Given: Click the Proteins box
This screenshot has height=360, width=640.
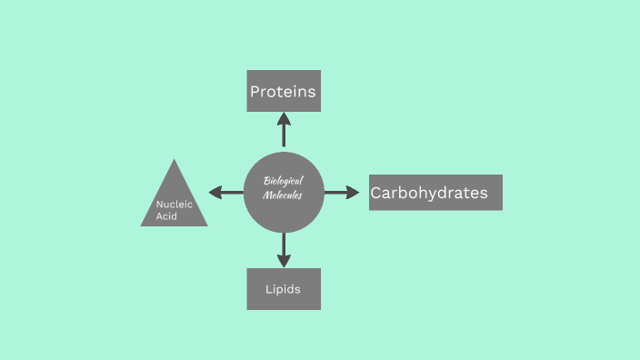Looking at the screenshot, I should pyautogui.click(x=284, y=91).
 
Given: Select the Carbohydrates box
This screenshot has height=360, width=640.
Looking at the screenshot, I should pyautogui.click(x=435, y=193).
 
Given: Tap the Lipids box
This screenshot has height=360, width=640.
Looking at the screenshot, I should pyautogui.click(x=284, y=289).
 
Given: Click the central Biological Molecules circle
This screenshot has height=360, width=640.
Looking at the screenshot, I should pyautogui.click(x=284, y=192).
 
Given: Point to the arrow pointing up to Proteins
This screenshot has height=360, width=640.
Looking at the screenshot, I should pyautogui.click(x=284, y=130).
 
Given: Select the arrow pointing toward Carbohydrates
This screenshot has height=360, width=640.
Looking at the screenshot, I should pyautogui.click(x=343, y=193).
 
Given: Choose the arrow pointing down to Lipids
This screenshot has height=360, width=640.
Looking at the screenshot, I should pyautogui.click(x=284, y=249).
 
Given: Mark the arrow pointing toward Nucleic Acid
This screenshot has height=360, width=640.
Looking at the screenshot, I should pyautogui.click(x=225, y=193).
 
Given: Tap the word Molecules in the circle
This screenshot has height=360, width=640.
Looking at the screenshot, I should pyautogui.click(x=282, y=195).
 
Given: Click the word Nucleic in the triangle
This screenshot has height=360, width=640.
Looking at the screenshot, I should pyautogui.click(x=174, y=205).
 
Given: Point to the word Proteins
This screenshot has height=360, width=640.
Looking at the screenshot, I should pyautogui.click(x=283, y=92).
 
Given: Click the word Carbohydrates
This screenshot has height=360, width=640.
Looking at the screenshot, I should pyautogui.click(x=429, y=193).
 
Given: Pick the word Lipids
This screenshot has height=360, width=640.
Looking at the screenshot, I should pyautogui.click(x=283, y=290).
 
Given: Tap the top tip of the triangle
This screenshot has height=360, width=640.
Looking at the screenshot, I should pyautogui.click(x=174, y=162).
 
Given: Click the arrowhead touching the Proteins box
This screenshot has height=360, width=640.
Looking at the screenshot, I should pyautogui.click(x=284, y=117).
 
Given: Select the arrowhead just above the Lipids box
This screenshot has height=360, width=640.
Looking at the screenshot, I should pyautogui.click(x=284, y=262).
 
